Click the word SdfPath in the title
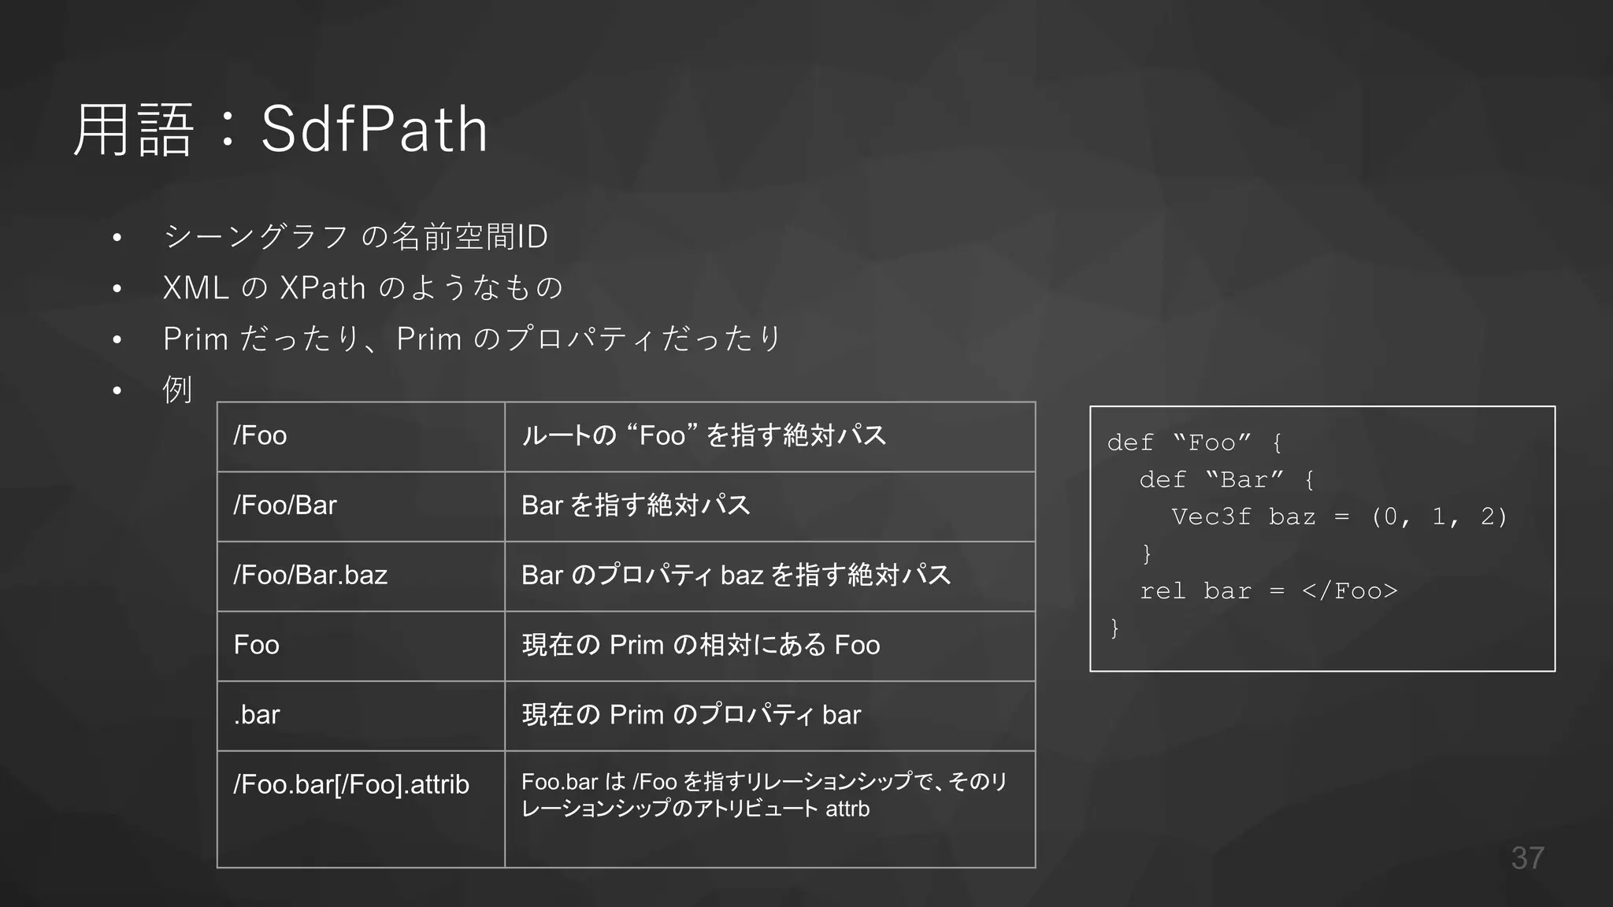pyautogui.click(x=374, y=130)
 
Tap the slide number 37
pyautogui.click(x=1527, y=858)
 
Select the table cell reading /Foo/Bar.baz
pyautogui.click(x=310, y=576)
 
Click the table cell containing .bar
pyautogui.click(x=257, y=715)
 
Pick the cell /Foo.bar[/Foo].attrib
pyautogui.click(x=351, y=785)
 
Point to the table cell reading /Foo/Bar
pyautogui.click(x=285, y=505)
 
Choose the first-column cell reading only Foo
pyautogui.click(x=257, y=645)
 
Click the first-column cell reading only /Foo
pyautogui.click(x=260, y=435)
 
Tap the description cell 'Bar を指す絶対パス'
pyautogui.click(x=636, y=505)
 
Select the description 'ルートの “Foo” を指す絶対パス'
pyautogui.click(x=703, y=435)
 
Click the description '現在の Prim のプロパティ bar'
pyautogui.click(x=691, y=715)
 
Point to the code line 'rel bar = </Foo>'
pyautogui.click(x=1268, y=591)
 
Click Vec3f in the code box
pyautogui.click(x=1211, y=517)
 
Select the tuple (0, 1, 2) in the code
pyautogui.click(x=1439, y=517)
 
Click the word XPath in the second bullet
pyautogui.click(x=323, y=288)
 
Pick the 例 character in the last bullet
pyautogui.click(x=177, y=389)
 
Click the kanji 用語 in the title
pyautogui.click(x=133, y=130)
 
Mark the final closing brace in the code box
pyautogui.click(x=1114, y=628)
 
